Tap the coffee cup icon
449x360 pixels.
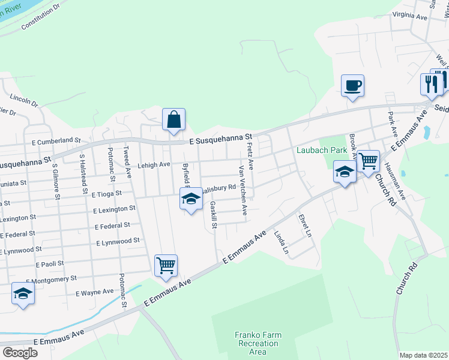pos(352,85)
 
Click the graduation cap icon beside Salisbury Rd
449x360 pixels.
pos(191,199)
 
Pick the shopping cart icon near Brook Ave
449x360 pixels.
pos(368,160)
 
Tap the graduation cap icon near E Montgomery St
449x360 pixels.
pos(23,293)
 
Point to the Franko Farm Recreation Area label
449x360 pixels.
pos(258,343)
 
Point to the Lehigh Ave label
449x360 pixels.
pos(154,164)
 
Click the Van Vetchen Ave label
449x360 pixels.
pos(243,191)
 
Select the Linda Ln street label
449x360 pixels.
pos(281,244)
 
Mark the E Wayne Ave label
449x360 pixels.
pos(94,292)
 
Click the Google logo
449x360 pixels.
pos(19,353)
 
